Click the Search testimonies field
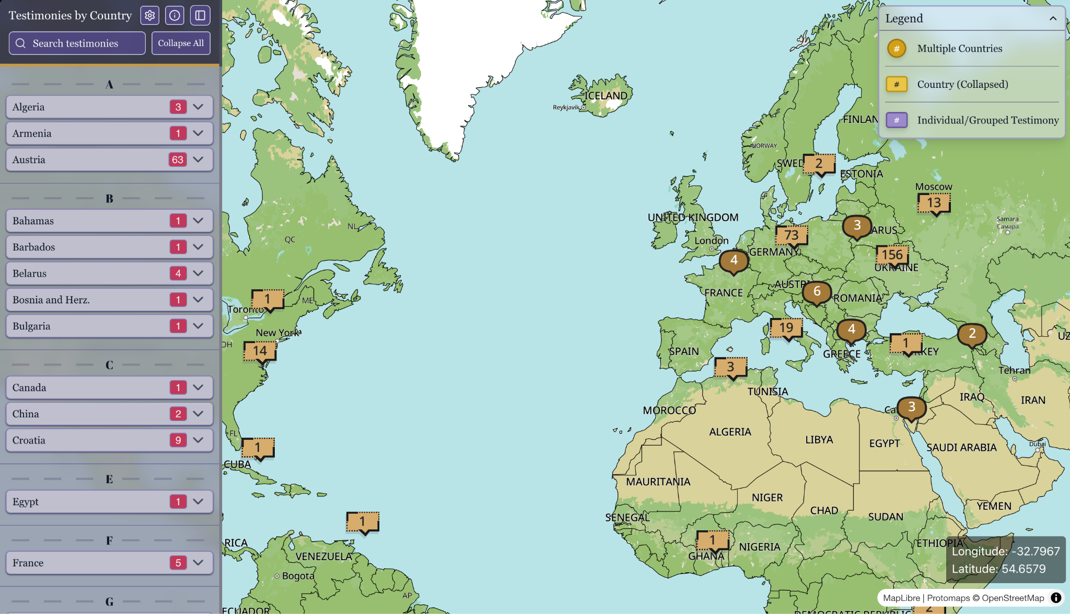pyautogui.click(x=77, y=43)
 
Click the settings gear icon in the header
pyautogui.click(x=150, y=16)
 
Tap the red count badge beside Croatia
pyautogui.click(x=178, y=440)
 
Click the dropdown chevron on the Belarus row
pyautogui.click(x=198, y=273)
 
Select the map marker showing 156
pyautogui.click(x=892, y=255)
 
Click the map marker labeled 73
pyautogui.click(x=791, y=235)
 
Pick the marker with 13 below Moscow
pyautogui.click(x=934, y=203)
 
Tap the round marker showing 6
pyautogui.click(x=817, y=292)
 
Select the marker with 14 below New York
pyautogui.click(x=260, y=351)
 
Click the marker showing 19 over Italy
pyautogui.click(x=786, y=328)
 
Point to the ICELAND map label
pyautogui.click(x=606, y=96)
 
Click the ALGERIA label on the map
pyautogui.click(x=730, y=432)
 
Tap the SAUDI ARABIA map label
pyautogui.click(x=961, y=448)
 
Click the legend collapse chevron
pyautogui.click(x=1053, y=19)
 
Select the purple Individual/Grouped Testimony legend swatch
pyautogui.click(x=897, y=120)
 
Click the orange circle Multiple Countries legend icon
pyautogui.click(x=897, y=49)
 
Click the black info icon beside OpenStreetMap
pyautogui.click(x=1056, y=598)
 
